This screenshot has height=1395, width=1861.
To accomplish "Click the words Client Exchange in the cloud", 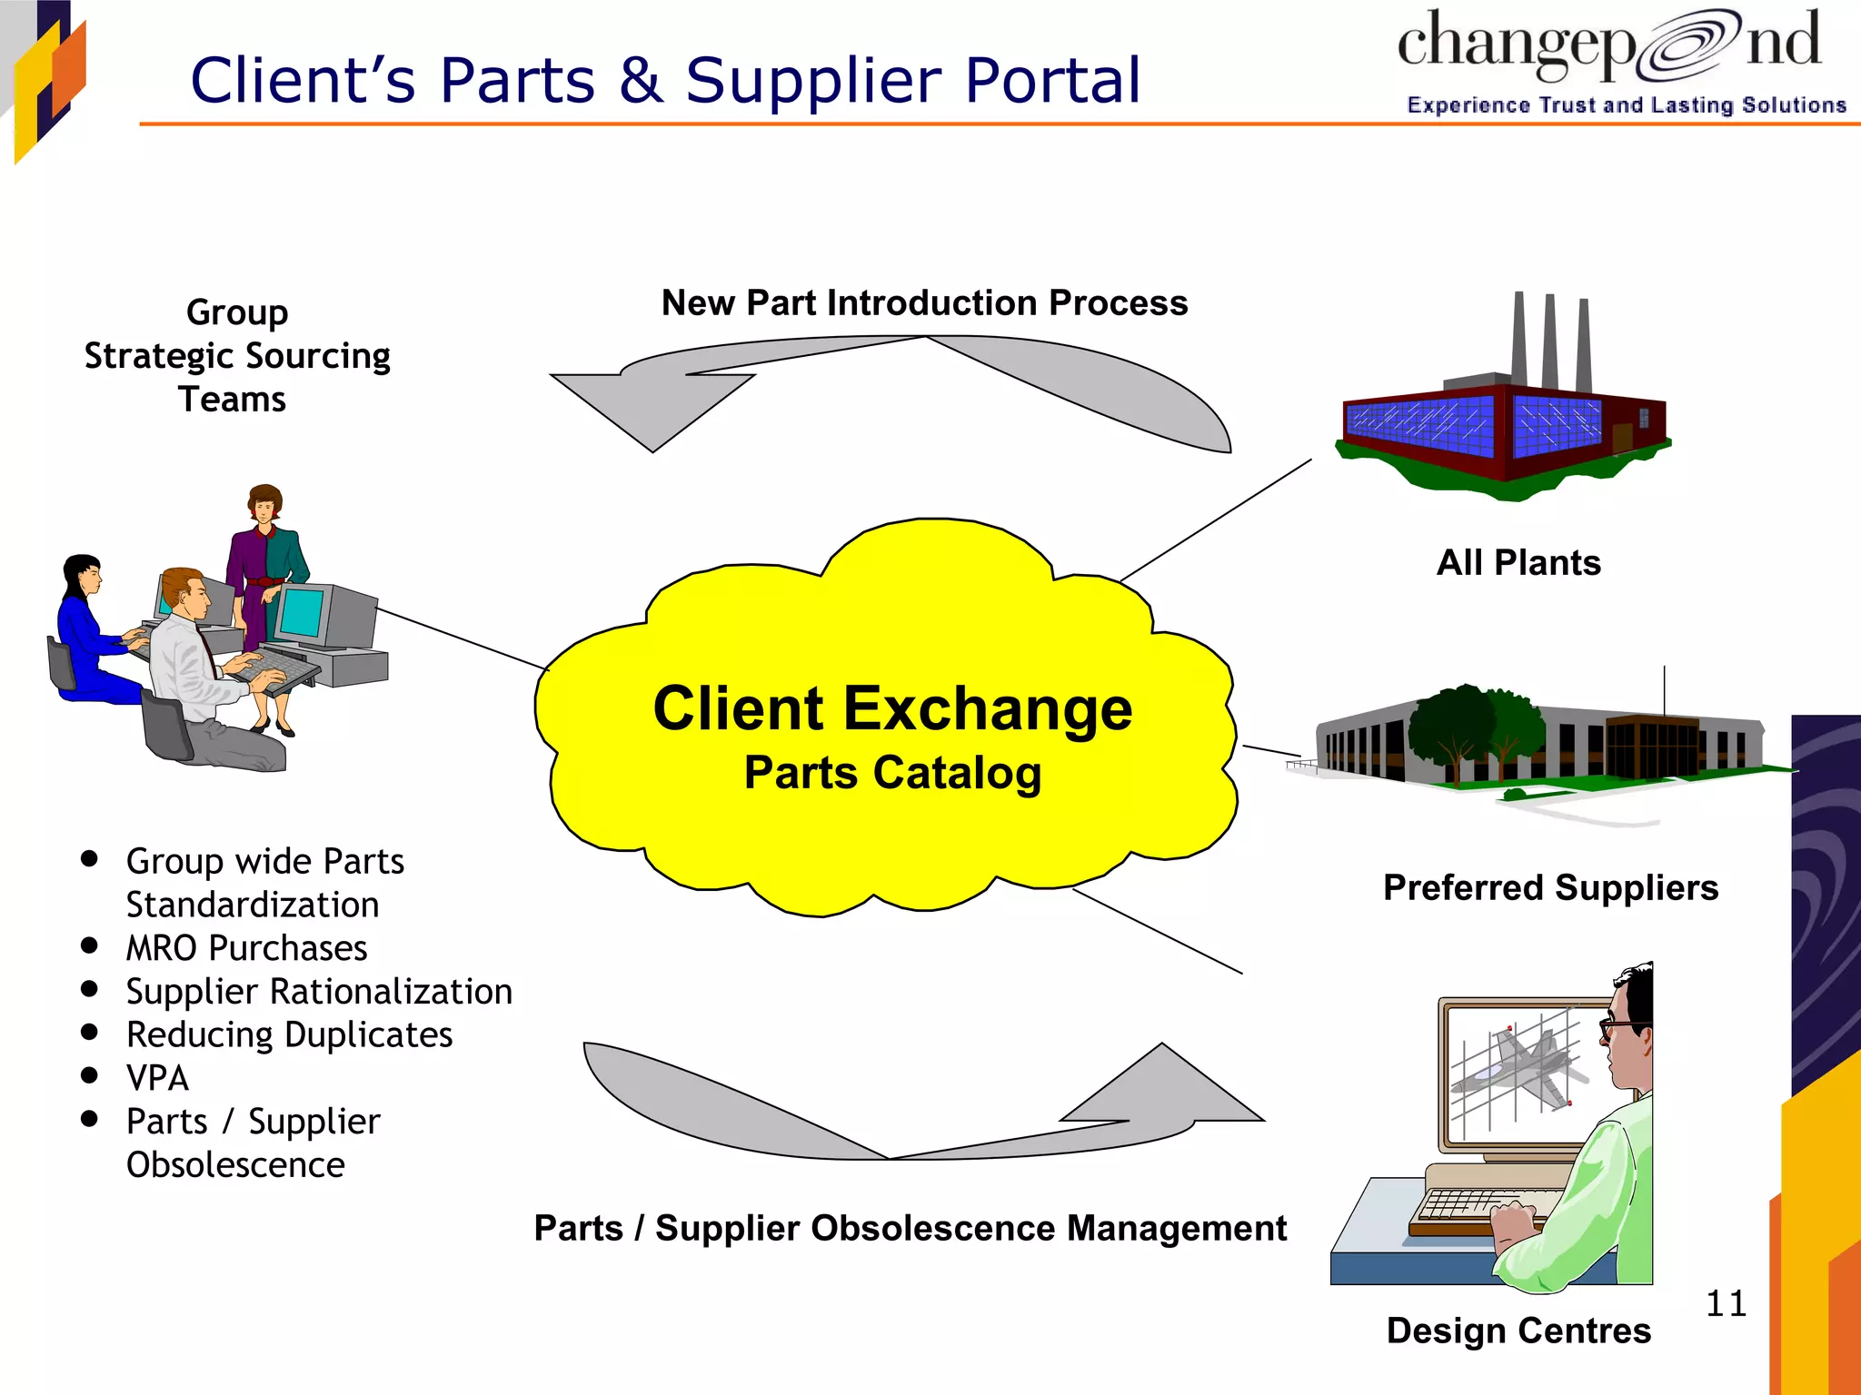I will tap(892, 708).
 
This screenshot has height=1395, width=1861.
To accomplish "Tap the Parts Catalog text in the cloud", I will tap(892, 773).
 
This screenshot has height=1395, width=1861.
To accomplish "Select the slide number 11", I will tap(1726, 1303).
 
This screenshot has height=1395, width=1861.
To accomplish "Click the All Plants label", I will tap(1518, 562).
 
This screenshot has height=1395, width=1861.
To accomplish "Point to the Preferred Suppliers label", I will tap(1550, 887).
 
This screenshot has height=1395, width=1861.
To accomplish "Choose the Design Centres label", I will tap(1518, 1331).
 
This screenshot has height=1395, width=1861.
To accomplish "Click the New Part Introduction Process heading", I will tap(924, 302).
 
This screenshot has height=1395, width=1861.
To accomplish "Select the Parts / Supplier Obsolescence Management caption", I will tap(910, 1228).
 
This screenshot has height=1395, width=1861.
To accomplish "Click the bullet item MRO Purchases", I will tap(246, 948).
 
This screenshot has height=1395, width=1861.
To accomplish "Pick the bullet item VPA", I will tap(157, 1078).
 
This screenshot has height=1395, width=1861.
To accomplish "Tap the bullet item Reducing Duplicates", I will tap(289, 1034).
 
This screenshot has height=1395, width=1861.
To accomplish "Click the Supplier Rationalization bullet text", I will tap(319, 991).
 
